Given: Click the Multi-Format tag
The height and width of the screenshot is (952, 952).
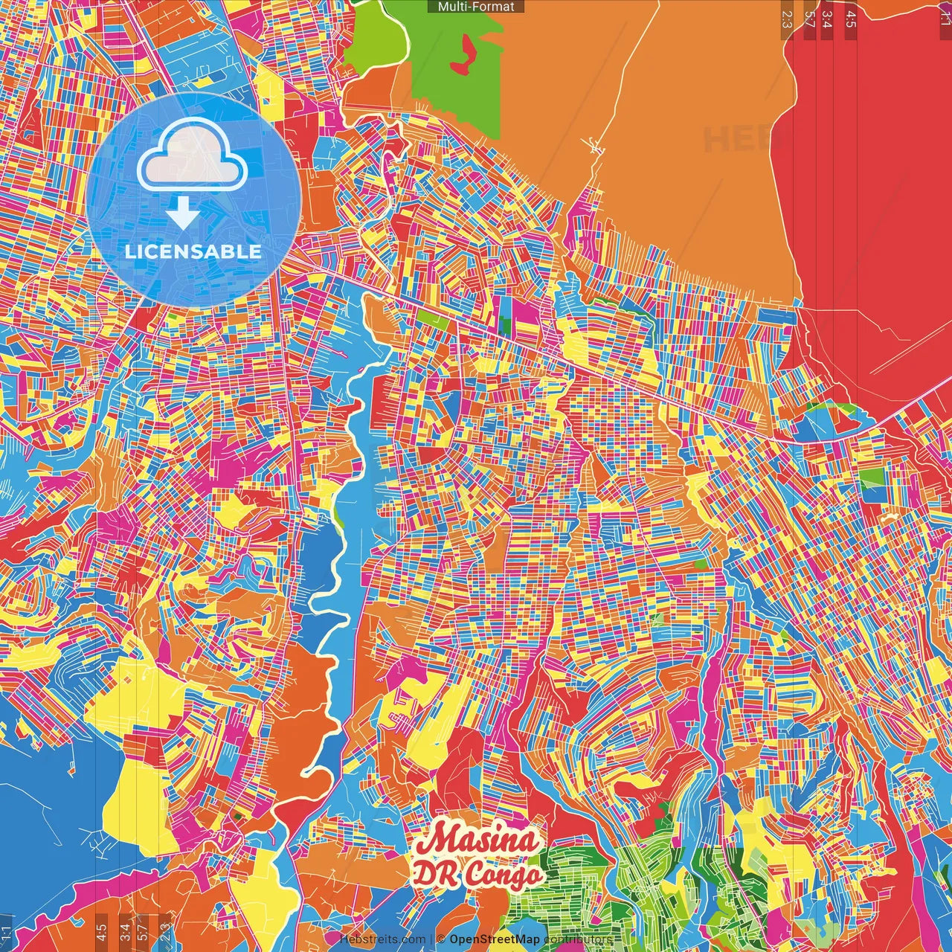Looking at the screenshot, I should pyautogui.click(x=476, y=7).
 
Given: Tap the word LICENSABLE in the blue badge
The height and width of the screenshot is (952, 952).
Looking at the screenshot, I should pyautogui.click(x=193, y=251).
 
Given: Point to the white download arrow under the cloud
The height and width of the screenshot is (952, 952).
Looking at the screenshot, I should pyautogui.click(x=182, y=213).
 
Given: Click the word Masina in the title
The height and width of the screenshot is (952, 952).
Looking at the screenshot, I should pyautogui.click(x=477, y=840).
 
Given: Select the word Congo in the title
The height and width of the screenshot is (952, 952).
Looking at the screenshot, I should pyautogui.click(x=504, y=875).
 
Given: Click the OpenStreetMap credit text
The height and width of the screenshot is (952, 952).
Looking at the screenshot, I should pyautogui.click(x=494, y=940).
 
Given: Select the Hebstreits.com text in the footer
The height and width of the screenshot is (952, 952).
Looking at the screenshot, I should pyautogui.click(x=382, y=940).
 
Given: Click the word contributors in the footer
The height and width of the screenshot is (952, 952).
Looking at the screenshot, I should pyautogui.click(x=577, y=940).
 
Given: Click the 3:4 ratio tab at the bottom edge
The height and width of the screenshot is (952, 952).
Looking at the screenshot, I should pyautogui.click(x=124, y=932).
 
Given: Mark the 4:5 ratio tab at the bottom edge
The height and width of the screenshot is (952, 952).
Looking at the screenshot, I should pyautogui.click(x=100, y=932).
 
